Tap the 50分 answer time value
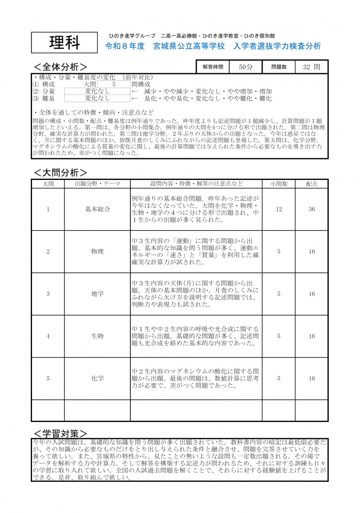[246, 67]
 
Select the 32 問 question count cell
[311, 67]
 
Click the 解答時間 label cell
[213, 67]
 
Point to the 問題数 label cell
[278, 67]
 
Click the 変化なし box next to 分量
[97, 91]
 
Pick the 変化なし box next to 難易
[97, 98]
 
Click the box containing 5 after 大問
[114, 84]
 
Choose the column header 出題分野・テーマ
[97, 184]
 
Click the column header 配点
[312, 184]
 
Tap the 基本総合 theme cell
[97, 209]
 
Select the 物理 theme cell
[97, 251]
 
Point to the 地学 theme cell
[97, 294]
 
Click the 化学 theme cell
[97, 378]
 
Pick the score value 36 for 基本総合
[312, 209]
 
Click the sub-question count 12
[279, 209]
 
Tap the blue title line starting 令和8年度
[213, 46]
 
